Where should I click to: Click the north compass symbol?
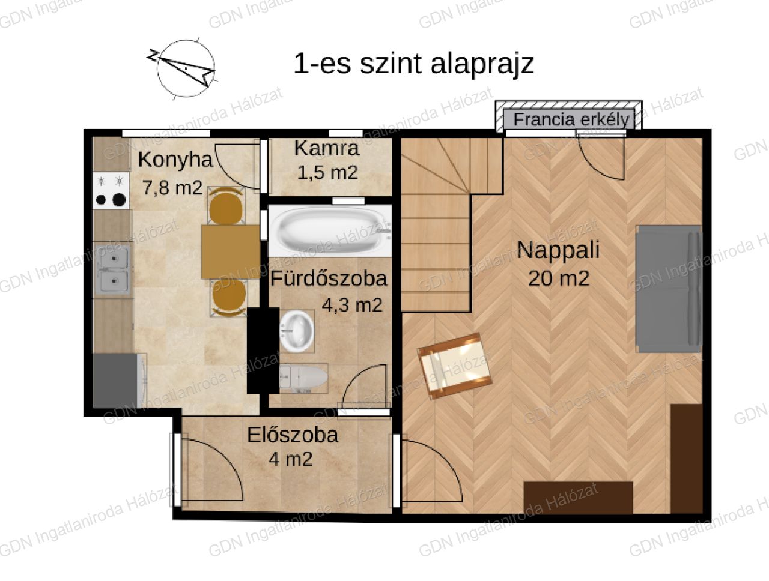pos(181,68)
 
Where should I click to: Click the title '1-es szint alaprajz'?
pos(414,64)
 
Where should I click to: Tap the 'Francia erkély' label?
pos(571,119)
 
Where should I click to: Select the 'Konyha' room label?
pos(175,160)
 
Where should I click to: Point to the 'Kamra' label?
pos(327,148)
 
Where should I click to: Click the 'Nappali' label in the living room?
pos(558,250)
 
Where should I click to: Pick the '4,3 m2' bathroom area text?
pos(351,305)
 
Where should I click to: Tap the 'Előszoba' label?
pos(293,435)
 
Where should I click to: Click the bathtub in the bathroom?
pos(330,231)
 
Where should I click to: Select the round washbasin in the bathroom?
pos(297,331)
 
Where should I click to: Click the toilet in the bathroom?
pos(303,378)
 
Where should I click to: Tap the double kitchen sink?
pos(112,269)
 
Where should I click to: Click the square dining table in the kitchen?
pos(231,252)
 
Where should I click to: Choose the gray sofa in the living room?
pos(669,289)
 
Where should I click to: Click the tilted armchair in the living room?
pos(455,366)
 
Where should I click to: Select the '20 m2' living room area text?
pos(559,279)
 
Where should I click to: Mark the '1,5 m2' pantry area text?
pos(327,172)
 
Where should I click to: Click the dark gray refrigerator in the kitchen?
pos(115,381)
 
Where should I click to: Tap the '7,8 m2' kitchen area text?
pos(172,188)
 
